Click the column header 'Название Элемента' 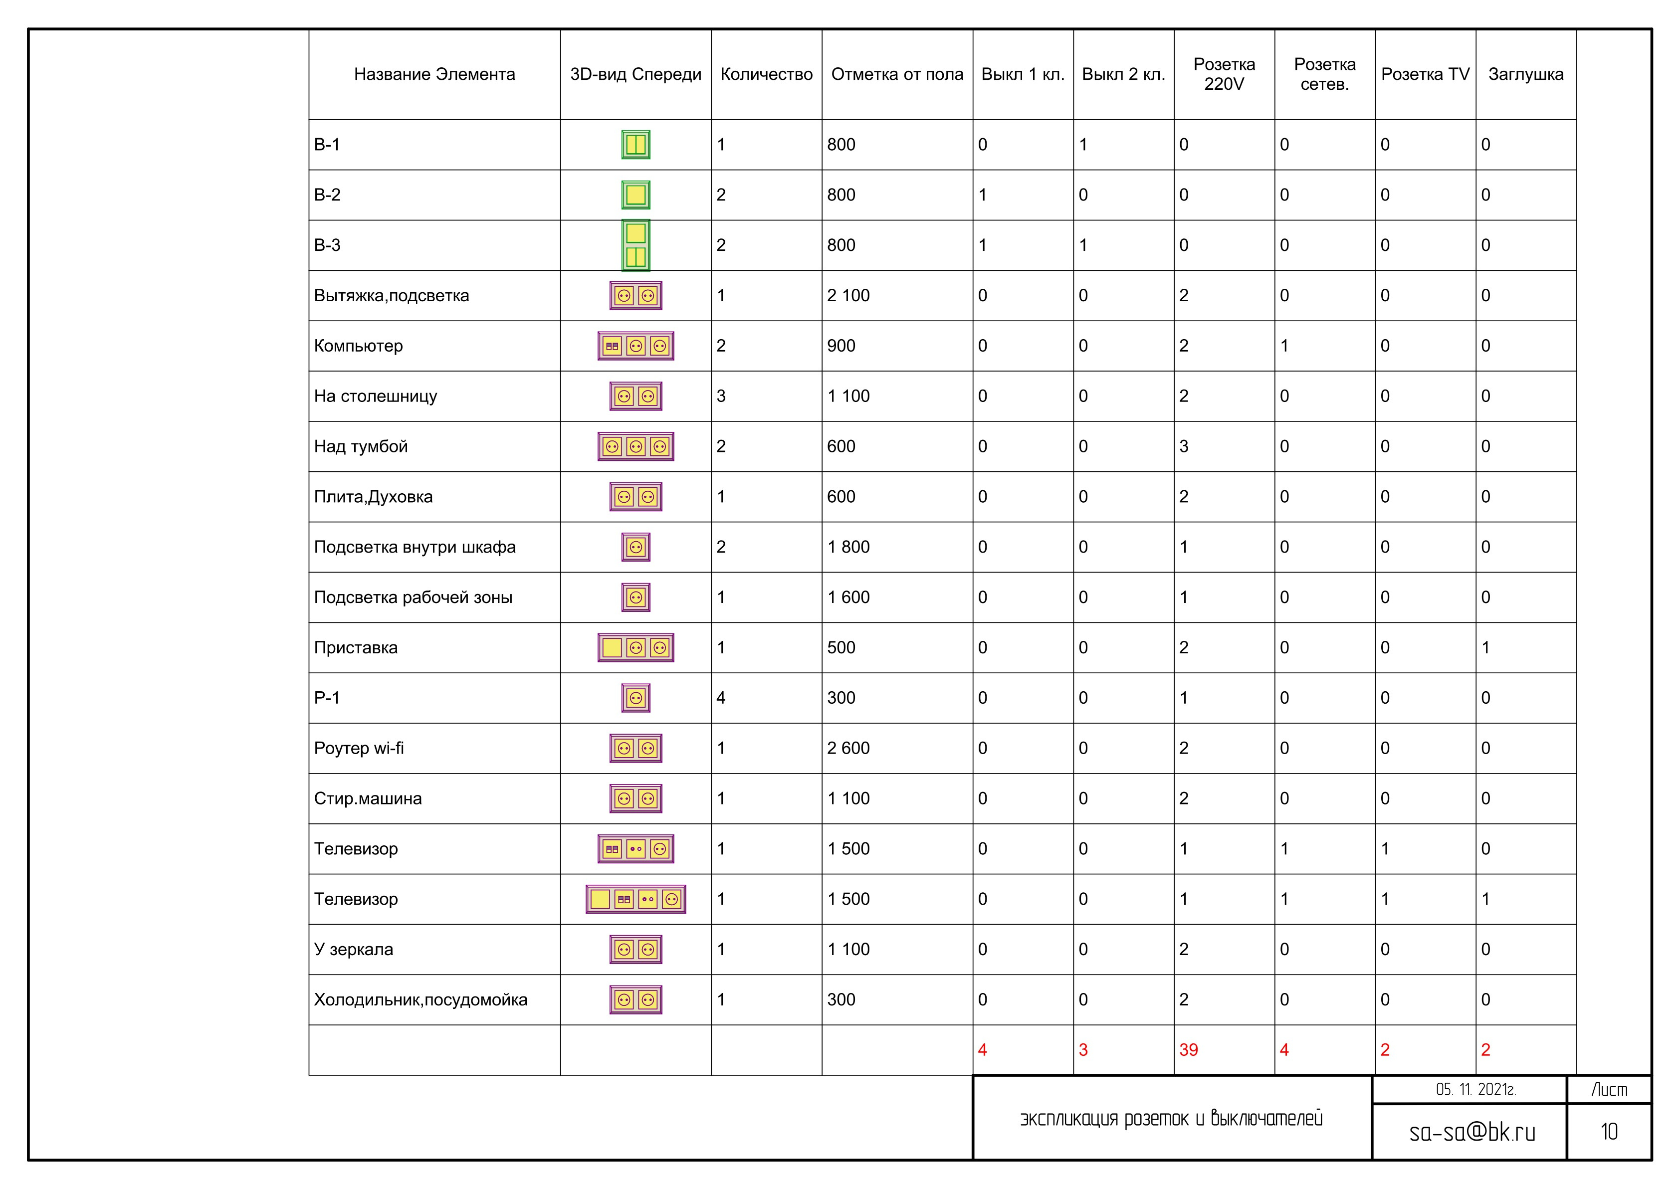[x=434, y=74]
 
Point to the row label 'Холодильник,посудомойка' [x=420, y=999]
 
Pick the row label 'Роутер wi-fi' [x=359, y=748]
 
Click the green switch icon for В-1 [x=636, y=144]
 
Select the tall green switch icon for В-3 [x=636, y=245]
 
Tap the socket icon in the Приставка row [x=636, y=648]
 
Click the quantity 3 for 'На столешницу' [x=721, y=396]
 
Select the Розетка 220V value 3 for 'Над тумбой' [x=1183, y=446]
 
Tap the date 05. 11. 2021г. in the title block [x=1475, y=1090]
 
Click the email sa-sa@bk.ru [x=1472, y=1132]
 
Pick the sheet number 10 [x=1609, y=1132]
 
